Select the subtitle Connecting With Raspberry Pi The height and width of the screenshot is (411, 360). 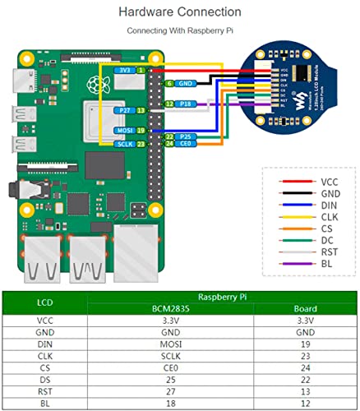(x=179, y=30)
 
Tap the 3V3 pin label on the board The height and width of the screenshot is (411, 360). (x=123, y=72)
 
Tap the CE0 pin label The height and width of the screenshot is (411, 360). (x=187, y=144)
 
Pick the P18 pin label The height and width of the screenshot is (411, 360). (x=186, y=104)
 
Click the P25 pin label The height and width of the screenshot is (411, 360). (x=186, y=136)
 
